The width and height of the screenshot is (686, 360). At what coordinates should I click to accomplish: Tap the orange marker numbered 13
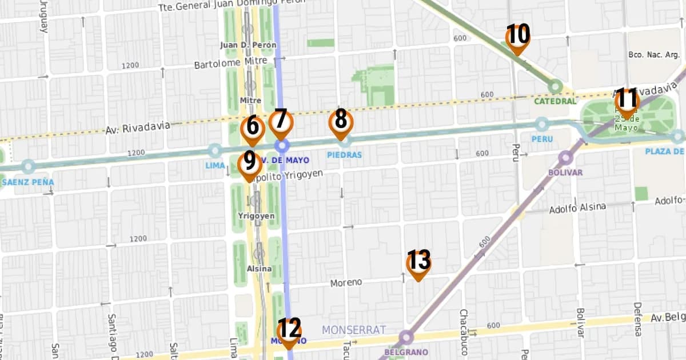pos(418,263)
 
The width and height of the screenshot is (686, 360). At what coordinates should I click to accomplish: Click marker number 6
pos(253,129)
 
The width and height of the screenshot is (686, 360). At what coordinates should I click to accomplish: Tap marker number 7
pos(281,122)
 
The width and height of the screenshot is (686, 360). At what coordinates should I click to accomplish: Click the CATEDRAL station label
pos(555,101)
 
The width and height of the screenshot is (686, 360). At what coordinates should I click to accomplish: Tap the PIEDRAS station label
pos(344,155)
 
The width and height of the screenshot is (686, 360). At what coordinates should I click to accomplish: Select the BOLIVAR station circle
pos(566,158)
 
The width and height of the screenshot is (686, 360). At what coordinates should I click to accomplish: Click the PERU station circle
pos(541,124)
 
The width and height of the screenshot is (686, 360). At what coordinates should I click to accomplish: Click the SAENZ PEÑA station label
pos(27,182)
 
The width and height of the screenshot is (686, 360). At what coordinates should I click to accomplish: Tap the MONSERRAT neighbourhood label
pos(353,330)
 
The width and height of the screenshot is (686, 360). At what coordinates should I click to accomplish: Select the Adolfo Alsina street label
pos(577,208)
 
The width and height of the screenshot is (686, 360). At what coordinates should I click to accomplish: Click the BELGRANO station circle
pos(406,337)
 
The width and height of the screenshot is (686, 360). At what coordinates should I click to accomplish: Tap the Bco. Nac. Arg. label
pos(653,55)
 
